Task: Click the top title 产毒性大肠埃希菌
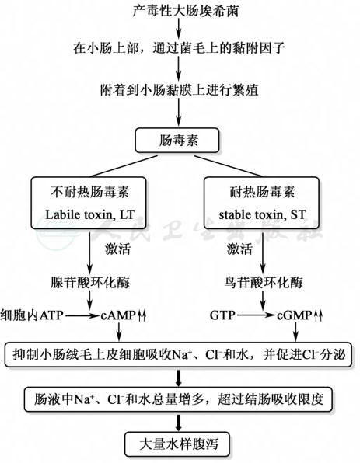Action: pyautogui.click(x=185, y=11)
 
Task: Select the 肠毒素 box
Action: pyautogui.click(x=177, y=141)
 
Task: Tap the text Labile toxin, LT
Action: pyautogui.click(x=90, y=214)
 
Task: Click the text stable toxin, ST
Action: pyautogui.click(x=262, y=214)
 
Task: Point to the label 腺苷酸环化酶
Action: pyautogui.click(x=90, y=283)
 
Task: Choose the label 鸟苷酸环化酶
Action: pyautogui.click(x=264, y=283)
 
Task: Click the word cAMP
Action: pyautogui.click(x=118, y=315)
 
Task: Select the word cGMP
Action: pyautogui.click(x=295, y=315)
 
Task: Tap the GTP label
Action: pyautogui.click(x=222, y=315)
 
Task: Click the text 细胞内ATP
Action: pyautogui.click(x=32, y=315)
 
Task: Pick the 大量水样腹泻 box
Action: pyautogui.click(x=177, y=444)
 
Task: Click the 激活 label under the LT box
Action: pyautogui.click(x=117, y=249)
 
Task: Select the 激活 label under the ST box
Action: pyautogui.click(x=239, y=249)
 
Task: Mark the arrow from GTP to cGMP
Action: pyautogui.click(x=256, y=315)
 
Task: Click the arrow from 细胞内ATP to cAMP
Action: pyautogui.click(x=82, y=315)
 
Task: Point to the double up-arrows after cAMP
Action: pyautogui.click(x=142, y=315)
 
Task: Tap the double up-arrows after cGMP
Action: pyautogui.click(x=318, y=315)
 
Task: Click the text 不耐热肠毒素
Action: pyautogui.click(x=90, y=192)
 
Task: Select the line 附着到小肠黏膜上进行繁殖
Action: pyautogui.click(x=179, y=90)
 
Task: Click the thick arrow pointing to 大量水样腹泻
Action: pyautogui.click(x=178, y=423)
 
